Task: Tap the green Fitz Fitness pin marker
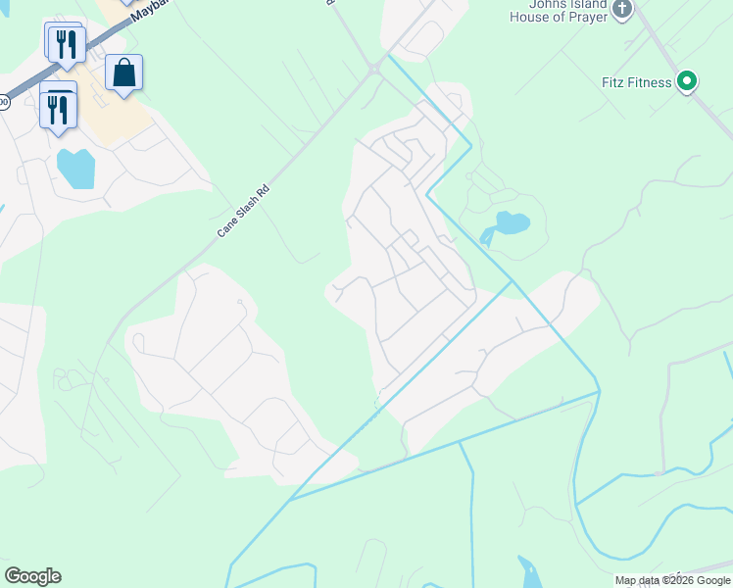click(688, 82)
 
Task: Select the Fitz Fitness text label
click(637, 83)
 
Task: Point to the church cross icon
click(620, 9)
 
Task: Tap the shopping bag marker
click(123, 73)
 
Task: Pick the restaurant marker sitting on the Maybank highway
click(66, 43)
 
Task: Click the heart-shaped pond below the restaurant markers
click(75, 168)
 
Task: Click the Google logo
click(32, 576)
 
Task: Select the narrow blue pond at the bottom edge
click(528, 572)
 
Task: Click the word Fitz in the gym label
click(615, 83)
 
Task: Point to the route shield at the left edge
click(3, 101)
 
